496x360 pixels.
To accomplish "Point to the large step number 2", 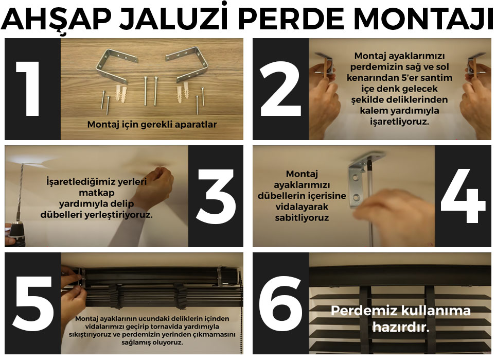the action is pos(280,89).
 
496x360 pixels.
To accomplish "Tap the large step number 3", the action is pos(216,196).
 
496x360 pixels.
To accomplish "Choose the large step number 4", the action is pos(463,196).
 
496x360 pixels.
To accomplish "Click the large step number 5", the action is pos(33,303).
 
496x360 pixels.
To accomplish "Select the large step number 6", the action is pos(280,303).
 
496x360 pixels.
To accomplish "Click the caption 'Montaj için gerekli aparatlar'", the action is pos(152,125).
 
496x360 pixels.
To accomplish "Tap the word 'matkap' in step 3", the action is pos(97,193).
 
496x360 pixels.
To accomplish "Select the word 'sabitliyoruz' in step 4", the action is pos(302,218).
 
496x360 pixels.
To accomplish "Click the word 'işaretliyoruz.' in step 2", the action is pos(399,122).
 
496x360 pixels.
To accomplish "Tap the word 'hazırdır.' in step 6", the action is pos(401,327).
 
